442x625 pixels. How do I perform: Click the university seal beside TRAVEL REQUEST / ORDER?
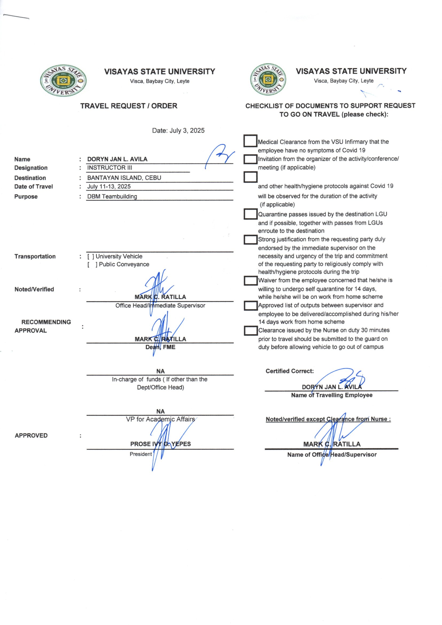(63, 80)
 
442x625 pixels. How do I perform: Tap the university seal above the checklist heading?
(268, 80)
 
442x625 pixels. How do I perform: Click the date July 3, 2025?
(178, 130)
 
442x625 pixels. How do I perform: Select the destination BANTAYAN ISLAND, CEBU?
(124, 178)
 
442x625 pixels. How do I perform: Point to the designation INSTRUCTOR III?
(109, 168)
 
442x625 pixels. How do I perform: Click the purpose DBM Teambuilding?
(112, 196)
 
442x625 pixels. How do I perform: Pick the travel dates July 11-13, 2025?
(109, 187)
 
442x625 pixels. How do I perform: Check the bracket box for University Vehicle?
(91, 256)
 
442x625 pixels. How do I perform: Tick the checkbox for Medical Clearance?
(250, 141)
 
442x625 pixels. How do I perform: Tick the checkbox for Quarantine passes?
(250, 214)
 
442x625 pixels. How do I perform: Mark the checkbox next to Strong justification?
(250, 240)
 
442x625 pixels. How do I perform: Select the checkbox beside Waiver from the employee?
(250, 281)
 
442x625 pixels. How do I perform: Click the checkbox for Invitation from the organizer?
(250, 159)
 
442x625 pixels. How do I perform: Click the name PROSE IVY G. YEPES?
(160, 444)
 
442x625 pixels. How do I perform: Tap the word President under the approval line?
(141, 454)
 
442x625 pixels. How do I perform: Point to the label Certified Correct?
(290, 371)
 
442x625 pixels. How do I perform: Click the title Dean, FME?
(160, 347)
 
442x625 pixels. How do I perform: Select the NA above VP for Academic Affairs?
(160, 411)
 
